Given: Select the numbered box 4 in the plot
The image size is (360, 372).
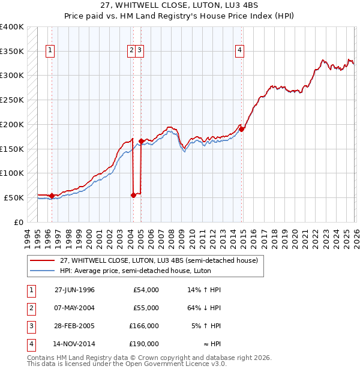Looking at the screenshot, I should coord(239,51).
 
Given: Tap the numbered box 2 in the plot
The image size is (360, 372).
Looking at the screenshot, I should coord(131,51).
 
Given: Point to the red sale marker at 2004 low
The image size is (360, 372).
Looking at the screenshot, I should coord(133,194).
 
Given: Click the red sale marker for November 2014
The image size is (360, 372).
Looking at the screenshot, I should coord(241,128).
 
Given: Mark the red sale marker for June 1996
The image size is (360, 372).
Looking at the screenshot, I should coord(52,195).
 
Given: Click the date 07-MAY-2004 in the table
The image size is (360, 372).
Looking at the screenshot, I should coord(74,308).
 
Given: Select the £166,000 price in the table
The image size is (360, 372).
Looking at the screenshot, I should coord(144,326).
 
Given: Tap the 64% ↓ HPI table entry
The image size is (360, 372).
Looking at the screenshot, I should coord(204,308).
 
